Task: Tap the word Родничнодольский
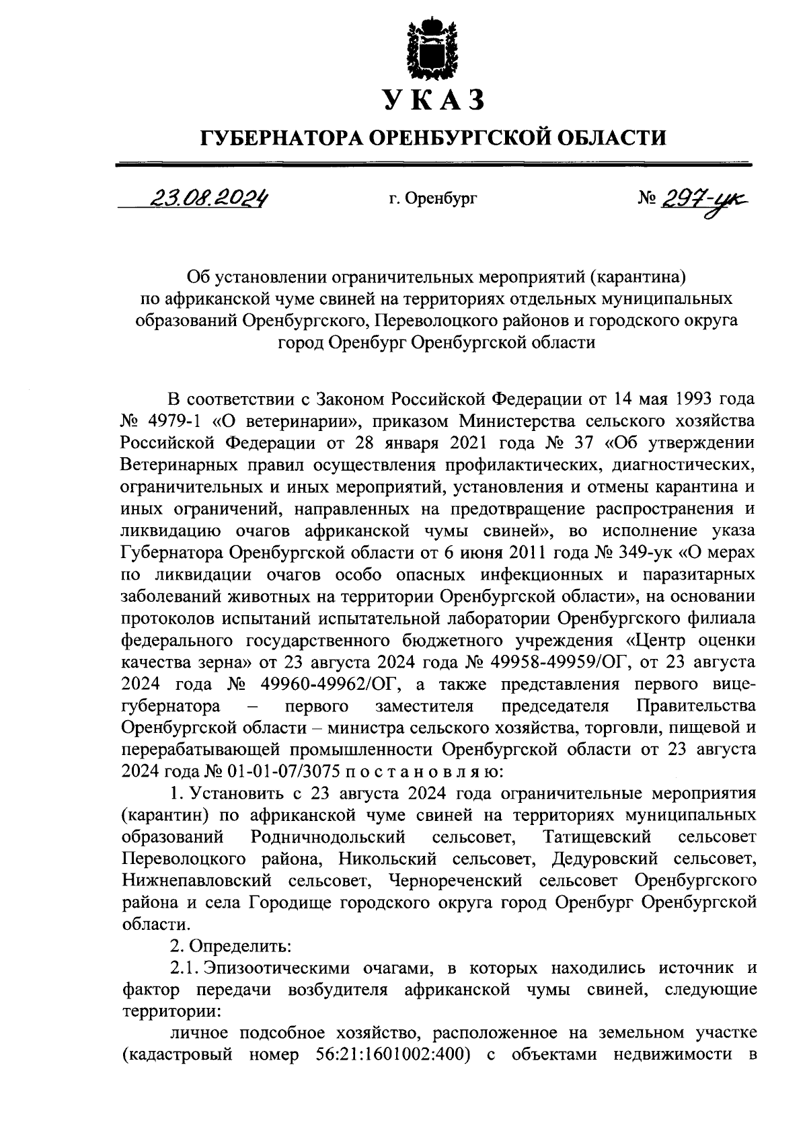point(328,836)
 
